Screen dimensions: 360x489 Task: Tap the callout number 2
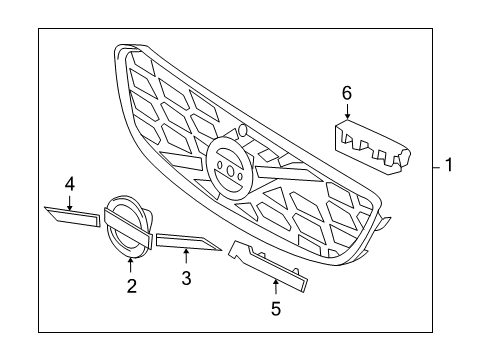[130, 286]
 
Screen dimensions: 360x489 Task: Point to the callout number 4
[70, 183]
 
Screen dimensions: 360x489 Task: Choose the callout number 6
[347, 93]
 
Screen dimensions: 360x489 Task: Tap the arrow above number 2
[130, 263]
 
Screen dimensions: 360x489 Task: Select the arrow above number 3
[186, 256]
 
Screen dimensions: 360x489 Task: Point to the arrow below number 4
[70, 201]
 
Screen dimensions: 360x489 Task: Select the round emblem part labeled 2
[127, 225]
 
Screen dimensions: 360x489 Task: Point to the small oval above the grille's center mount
[242, 130]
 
